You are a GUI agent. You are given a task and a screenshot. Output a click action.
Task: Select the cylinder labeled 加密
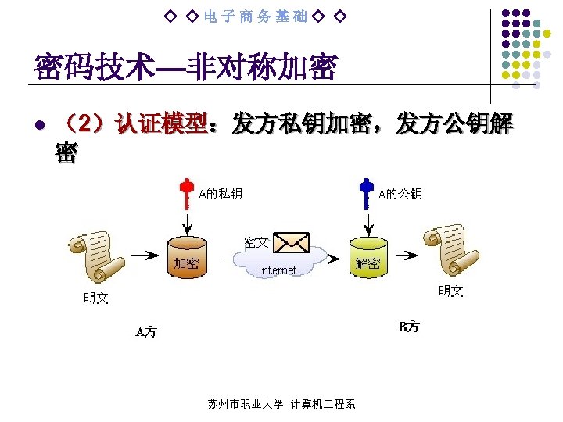(x=187, y=259)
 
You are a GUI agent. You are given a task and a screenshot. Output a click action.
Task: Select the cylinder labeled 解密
(x=367, y=259)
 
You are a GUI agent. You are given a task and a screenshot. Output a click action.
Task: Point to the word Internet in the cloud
(x=277, y=270)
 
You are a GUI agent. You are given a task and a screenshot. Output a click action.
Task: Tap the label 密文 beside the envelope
(x=256, y=243)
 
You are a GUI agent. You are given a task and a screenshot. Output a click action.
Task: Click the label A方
(x=146, y=332)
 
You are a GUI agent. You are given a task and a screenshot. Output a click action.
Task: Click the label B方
(x=409, y=327)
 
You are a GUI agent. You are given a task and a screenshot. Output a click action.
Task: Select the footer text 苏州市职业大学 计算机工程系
(x=281, y=404)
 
